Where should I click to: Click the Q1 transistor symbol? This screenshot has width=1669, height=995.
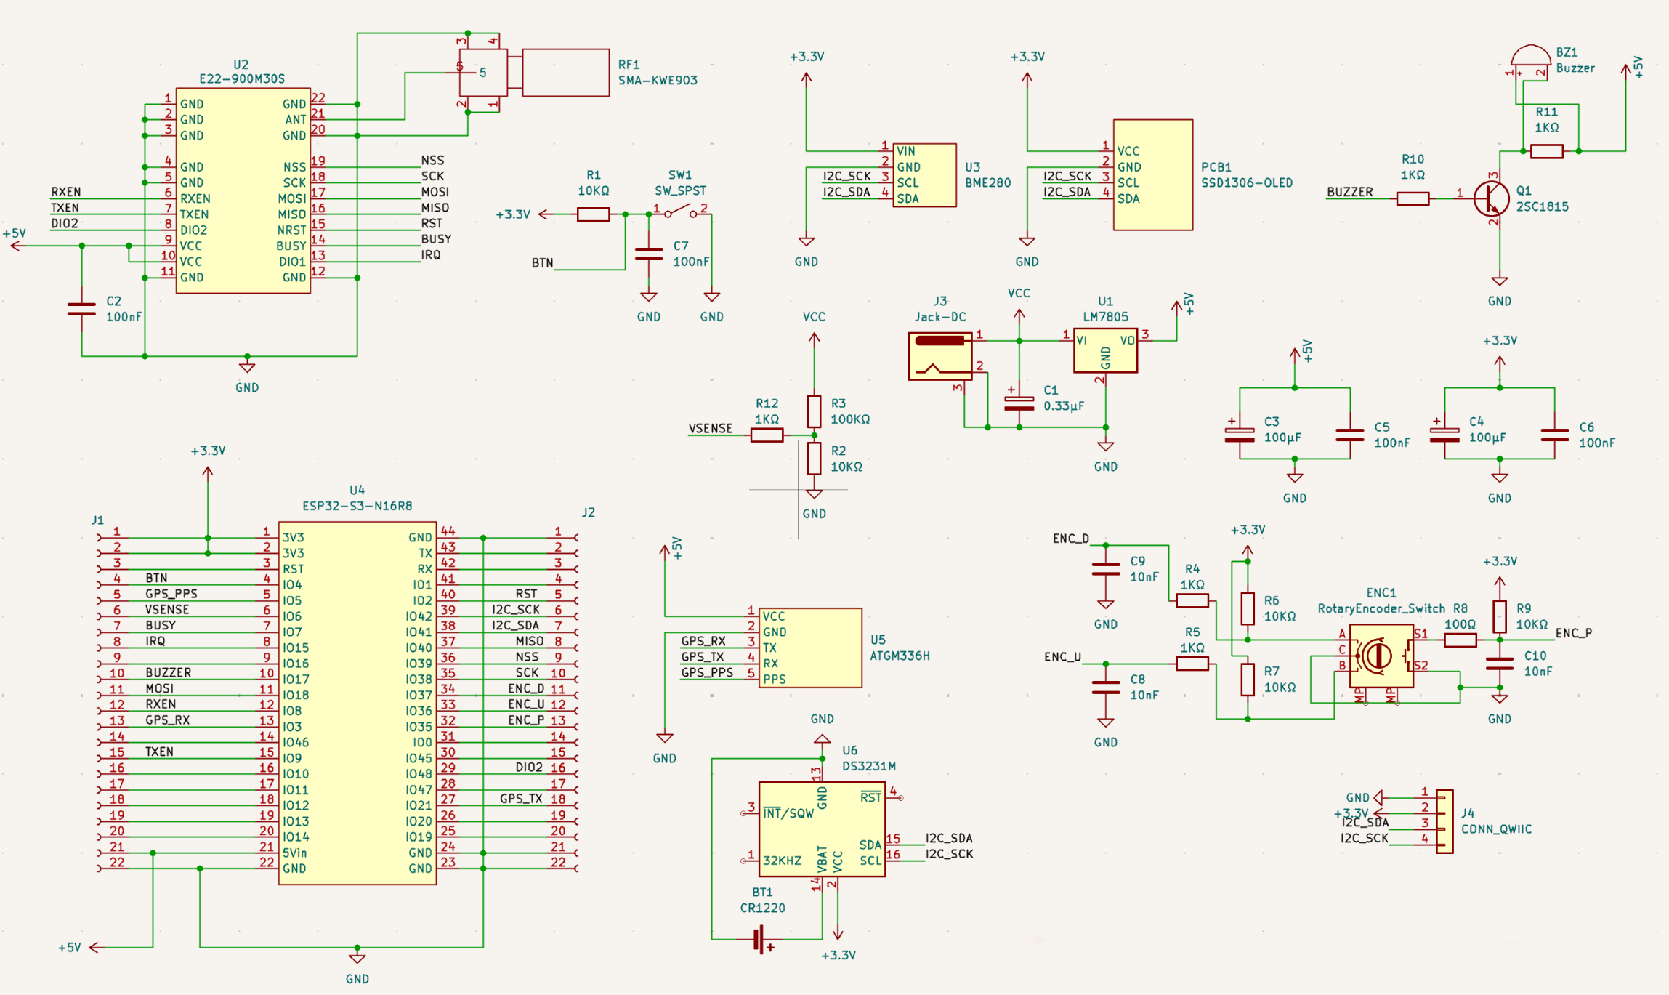[1490, 198]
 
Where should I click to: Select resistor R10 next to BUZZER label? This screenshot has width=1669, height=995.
[1413, 198]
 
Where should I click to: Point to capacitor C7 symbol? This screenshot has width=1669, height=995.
[649, 254]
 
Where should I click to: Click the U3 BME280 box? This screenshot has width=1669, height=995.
[924, 175]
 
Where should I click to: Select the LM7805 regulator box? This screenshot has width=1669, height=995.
[1105, 350]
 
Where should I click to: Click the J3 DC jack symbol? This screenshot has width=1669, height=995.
[940, 356]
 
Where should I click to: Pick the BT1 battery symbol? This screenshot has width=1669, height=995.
[760, 939]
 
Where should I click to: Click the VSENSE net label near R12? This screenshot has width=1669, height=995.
[710, 429]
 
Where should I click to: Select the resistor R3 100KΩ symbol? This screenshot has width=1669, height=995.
[815, 411]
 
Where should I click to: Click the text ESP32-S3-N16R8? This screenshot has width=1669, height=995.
[357, 506]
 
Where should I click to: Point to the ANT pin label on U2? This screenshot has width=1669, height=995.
[295, 120]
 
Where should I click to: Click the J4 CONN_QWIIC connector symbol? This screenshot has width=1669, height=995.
[1444, 821]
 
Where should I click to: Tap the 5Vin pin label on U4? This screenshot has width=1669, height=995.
[295, 853]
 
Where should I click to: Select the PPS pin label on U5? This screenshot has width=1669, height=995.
[774, 680]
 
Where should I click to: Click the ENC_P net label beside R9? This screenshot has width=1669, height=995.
[1574, 633]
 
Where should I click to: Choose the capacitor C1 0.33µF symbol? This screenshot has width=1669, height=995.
[1019, 402]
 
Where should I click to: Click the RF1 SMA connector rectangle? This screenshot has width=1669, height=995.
[565, 73]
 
